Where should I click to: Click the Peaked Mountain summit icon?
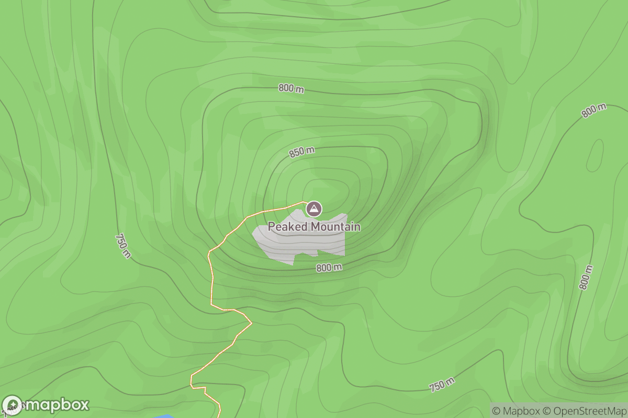(x=313, y=209)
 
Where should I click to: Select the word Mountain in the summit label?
(x=335, y=227)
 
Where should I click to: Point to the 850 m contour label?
(x=302, y=153)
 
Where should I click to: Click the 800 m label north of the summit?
(x=291, y=88)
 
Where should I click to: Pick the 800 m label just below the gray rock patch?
(x=329, y=268)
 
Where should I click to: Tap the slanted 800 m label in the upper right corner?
(x=593, y=111)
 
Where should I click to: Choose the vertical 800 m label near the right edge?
(x=586, y=277)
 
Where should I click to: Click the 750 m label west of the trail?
(x=123, y=246)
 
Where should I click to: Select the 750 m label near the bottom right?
(x=442, y=385)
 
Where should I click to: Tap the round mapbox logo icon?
(x=13, y=405)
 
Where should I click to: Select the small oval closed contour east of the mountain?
(x=595, y=156)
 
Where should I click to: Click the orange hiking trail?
(x=212, y=282)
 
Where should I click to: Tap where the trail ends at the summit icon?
(x=305, y=202)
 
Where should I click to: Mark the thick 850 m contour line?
(x=387, y=172)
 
